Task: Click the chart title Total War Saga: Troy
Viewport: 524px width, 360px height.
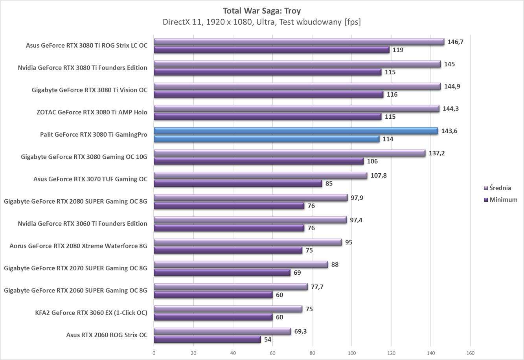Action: point(261,11)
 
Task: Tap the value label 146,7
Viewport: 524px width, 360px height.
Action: point(456,42)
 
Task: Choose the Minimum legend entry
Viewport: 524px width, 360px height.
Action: point(503,200)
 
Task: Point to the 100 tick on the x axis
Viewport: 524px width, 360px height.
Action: point(351,353)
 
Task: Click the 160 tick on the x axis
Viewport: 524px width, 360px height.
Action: point(470,353)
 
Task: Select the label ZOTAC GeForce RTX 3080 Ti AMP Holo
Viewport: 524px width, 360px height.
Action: point(92,112)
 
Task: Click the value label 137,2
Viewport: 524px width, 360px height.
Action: point(437,153)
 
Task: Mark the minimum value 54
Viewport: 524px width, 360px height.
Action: point(268,339)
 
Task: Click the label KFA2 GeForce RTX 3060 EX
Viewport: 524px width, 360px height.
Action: point(91,313)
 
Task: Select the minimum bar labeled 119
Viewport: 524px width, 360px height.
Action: point(271,50)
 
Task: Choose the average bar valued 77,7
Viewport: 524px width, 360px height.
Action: point(230,287)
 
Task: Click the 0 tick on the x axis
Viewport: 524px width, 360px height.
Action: point(154,353)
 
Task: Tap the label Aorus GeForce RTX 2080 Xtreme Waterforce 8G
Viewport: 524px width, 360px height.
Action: point(78,246)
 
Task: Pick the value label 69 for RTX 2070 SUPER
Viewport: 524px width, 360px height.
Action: point(297,272)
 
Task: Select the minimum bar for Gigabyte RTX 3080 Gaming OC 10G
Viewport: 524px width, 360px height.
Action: point(259,161)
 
